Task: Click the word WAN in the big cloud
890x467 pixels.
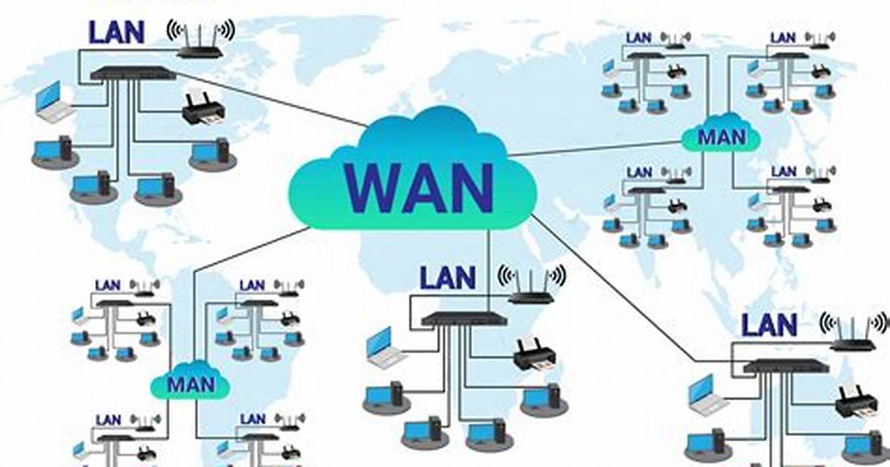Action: (418, 187)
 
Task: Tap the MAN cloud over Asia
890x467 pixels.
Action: (721, 135)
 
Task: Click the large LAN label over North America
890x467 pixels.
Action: (117, 32)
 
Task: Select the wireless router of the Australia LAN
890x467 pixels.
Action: (853, 332)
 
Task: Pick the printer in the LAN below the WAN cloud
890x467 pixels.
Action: (535, 354)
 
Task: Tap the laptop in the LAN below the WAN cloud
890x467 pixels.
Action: (385, 346)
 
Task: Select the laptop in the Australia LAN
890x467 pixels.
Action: (706, 393)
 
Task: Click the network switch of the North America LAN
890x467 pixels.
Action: (132, 73)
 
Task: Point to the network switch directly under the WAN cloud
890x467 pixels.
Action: (464, 319)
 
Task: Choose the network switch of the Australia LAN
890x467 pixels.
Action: (786, 366)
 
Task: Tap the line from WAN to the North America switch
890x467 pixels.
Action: (272, 100)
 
